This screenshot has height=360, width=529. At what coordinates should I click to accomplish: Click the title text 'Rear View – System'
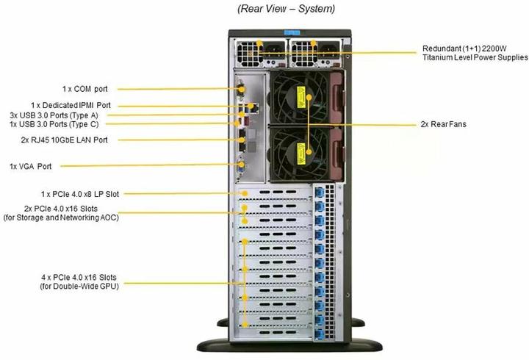tap(286, 9)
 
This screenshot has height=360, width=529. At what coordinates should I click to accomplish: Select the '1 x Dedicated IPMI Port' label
tap(71, 106)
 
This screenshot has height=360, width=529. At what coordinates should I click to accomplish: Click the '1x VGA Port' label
tap(30, 166)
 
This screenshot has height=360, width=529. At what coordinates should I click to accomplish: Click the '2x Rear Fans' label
tap(444, 124)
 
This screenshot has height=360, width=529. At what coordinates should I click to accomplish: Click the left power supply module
tap(259, 52)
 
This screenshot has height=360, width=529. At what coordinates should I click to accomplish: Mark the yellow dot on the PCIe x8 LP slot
tap(244, 193)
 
